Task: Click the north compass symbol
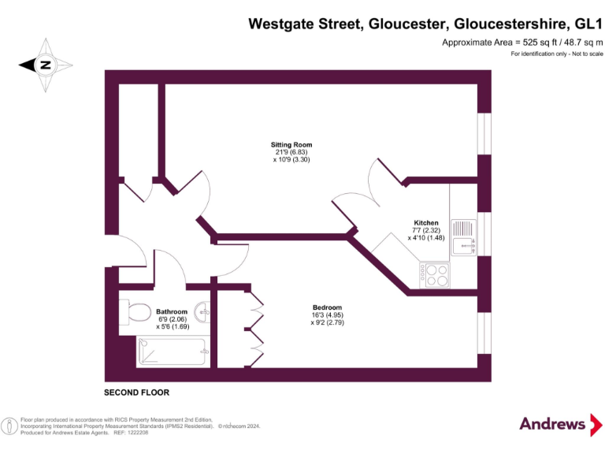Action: tap(45, 65)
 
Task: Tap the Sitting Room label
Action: tap(291, 145)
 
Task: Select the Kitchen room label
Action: tap(426, 223)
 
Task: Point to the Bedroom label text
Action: tap(327, 307)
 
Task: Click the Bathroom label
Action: tap(172, 311)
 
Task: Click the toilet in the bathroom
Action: tap(135, 312)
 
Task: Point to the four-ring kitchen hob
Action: tap(435, 275)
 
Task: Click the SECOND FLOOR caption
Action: tap(136, 393)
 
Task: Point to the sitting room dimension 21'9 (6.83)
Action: tap(291, 152)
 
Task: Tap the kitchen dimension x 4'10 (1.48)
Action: tap(426, 237)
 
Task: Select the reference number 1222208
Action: tap(137, 433)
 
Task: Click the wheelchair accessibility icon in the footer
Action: tap(10, 426)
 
